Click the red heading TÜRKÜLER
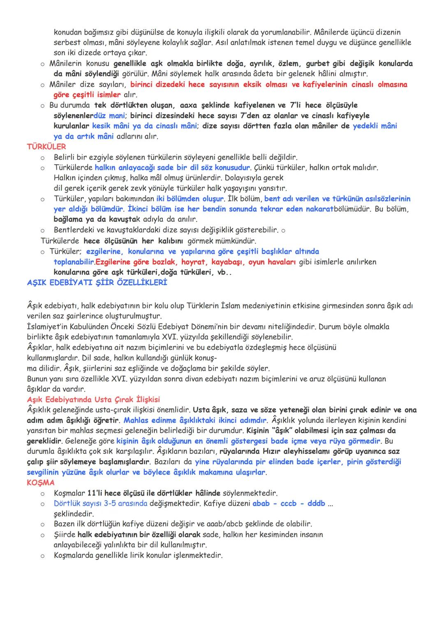[x=46, y=147]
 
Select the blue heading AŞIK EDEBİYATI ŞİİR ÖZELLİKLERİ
[x=97, y=283]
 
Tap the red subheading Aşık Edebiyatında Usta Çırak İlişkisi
[x=93, y=399]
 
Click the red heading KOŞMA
[x=40, y=482]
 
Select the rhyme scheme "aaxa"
[x=188, y=105]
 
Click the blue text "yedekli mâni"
[x=375, y=126]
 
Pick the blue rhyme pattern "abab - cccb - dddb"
[x=289, y=503]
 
